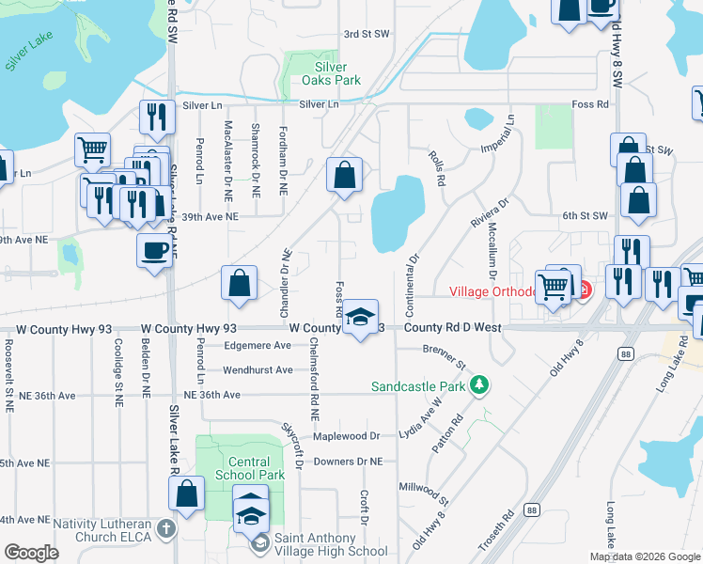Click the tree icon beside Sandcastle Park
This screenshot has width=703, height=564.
[480, 385]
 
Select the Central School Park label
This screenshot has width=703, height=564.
[249, 468]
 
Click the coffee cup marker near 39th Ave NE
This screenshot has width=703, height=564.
[155, 250]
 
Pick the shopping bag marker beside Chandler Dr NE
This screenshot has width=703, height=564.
[240, 284]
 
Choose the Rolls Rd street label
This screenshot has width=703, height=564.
[435, 165]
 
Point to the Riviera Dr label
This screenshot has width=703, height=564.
[490, 211]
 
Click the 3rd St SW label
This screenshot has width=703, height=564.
[366, 34]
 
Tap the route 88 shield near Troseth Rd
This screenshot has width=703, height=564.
[532, 509]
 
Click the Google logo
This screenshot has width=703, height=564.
[31, 553]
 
